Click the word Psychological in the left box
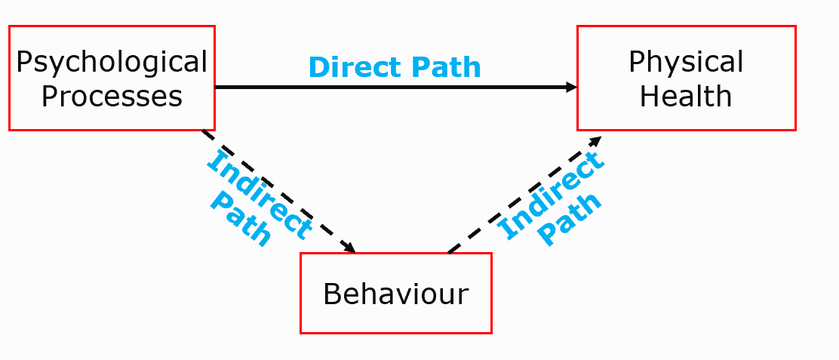[x=112, y=62]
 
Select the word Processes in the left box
[x=112, y=97]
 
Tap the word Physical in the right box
[x=686, y=62]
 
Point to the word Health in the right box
[x=686, y=97]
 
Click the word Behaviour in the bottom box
[x=395, y=294]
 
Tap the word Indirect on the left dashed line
[x=259, y=193]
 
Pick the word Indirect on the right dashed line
[x=552, y=195]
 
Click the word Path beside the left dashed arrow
[x=241, y=218]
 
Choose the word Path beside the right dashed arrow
[x=572, y=219]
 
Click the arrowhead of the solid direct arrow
[x=571, y=87]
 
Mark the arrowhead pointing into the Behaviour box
[x=349, y=248]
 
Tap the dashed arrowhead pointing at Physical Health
[x=596, y=141]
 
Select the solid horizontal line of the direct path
[x=392, y=87]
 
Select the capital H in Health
[x=649, y=97]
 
